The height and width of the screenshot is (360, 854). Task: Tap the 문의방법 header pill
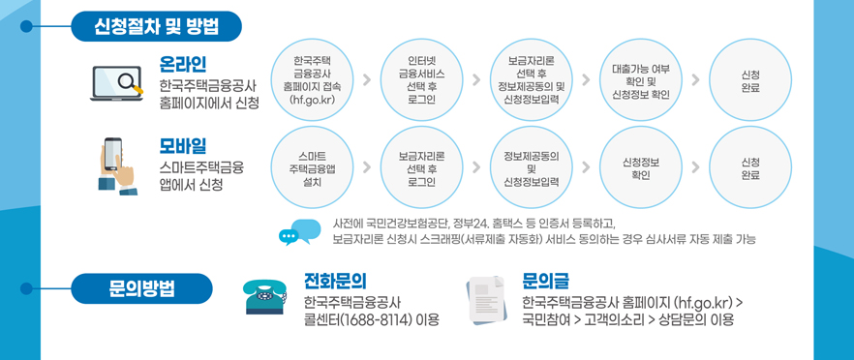tap(141, 288)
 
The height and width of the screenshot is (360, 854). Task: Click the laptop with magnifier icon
tap(116, 83)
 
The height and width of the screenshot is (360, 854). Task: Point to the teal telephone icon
tap(265, 298)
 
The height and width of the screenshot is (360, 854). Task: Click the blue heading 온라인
tap(184, 64)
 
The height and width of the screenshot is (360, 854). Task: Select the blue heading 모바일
tap(184, 146)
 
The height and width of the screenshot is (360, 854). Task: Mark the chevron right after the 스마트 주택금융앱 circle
tap(366, 167)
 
